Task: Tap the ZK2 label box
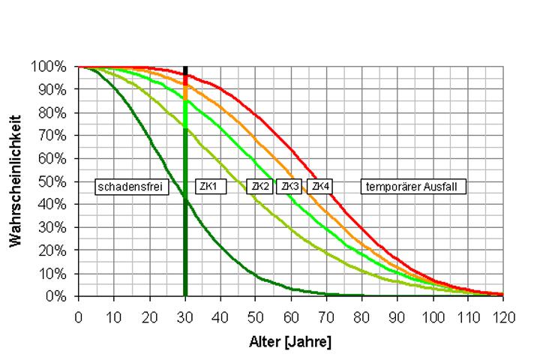(259, 186)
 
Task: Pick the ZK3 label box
(289, 186)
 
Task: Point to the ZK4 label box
(320, 185)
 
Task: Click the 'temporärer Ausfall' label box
(413, 187)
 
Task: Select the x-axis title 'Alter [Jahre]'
(289, 342)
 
